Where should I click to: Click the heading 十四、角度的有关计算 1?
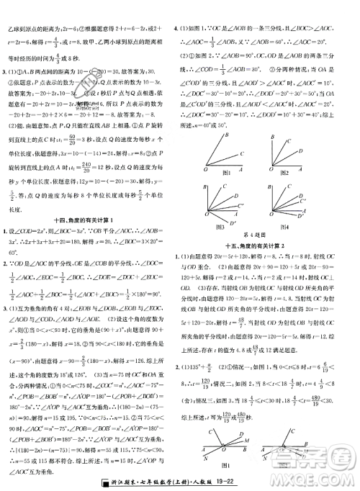90,219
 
